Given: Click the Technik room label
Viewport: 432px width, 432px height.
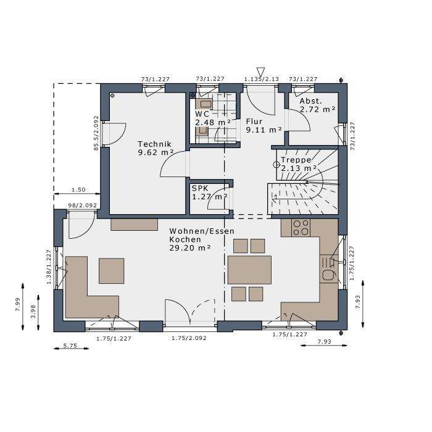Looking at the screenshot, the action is point(156,148).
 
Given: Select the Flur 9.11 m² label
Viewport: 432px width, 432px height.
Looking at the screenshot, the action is point(264,126).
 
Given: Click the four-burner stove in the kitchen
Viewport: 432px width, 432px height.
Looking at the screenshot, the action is point(301,228).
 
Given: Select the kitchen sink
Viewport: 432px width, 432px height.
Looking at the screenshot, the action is point(329,269).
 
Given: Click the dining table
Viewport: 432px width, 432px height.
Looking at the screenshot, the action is point(249,270).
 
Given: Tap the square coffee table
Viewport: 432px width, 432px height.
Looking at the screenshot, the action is point(111,271).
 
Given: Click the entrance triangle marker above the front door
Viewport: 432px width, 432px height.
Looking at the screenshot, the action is point(260,71).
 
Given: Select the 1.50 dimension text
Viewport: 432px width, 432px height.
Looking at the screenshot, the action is point(78,189).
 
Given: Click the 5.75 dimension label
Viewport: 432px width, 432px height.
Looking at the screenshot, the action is point(70,346).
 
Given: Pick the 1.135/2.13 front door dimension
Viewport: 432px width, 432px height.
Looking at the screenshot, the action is point(262,80).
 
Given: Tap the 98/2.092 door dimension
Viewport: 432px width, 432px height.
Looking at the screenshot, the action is point(82,206).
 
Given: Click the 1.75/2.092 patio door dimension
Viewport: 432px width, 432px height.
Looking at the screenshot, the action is point(189,338).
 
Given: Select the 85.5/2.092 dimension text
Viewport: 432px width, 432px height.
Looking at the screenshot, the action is point(96,133).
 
